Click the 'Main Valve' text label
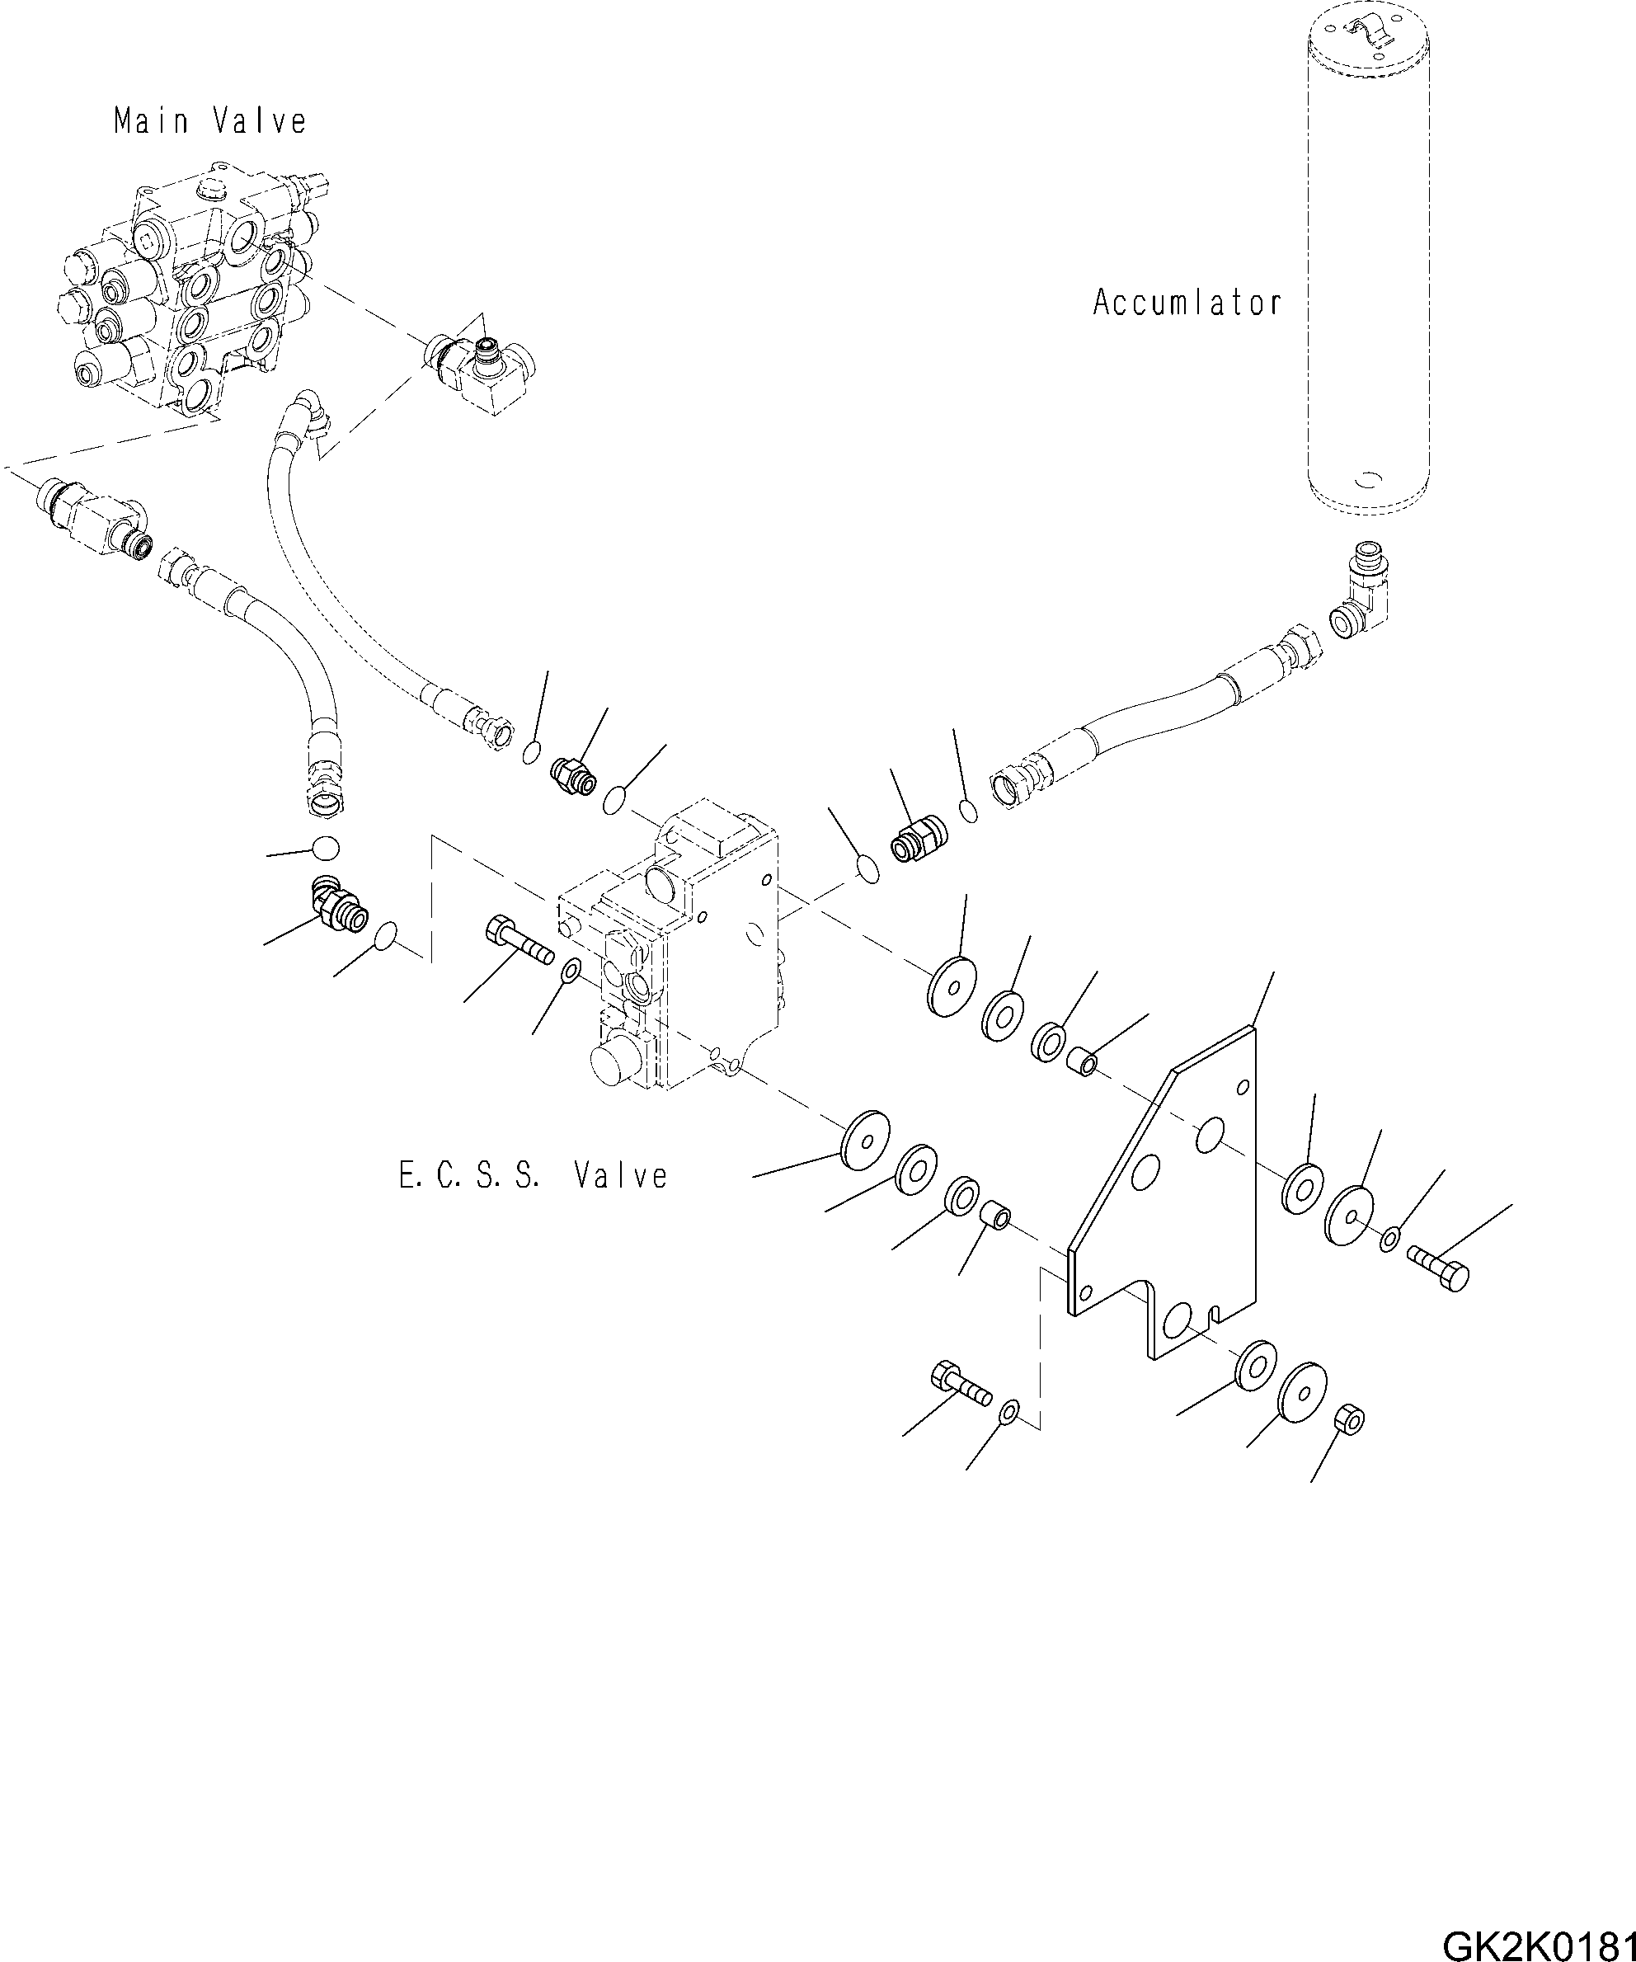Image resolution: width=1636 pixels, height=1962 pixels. click(x=210, y=120)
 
